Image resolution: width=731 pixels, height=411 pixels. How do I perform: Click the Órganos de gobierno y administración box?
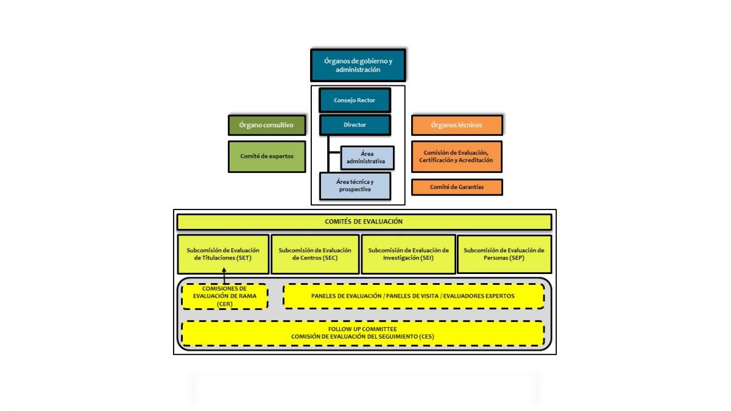tap(358, 66)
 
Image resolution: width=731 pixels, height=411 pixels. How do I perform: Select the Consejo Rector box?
tap(355, 100)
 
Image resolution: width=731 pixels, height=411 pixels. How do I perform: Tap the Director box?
tap(355, 125)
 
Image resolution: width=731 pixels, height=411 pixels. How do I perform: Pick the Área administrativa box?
tap(367, 158)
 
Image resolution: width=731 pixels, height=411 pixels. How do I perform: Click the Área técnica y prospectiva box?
tap(355, 186)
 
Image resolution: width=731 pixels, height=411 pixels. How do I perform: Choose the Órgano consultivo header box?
tap(266, 125)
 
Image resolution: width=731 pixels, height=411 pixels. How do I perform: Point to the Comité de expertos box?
tap(266, 156)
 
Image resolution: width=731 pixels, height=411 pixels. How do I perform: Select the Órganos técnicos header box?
tap(456, 125)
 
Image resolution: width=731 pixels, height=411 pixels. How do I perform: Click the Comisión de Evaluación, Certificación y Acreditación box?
tap(456, 156)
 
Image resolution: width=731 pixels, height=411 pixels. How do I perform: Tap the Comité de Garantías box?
tap(456, 187)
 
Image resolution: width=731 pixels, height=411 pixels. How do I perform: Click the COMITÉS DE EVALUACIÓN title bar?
tap(364, 222)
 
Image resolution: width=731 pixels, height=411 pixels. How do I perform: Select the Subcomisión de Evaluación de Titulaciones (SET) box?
tap(223, 254)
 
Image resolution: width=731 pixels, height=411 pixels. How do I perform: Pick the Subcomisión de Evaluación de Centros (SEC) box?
tap(314, 254)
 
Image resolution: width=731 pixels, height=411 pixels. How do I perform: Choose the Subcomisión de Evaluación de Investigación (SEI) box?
tap(408, 254)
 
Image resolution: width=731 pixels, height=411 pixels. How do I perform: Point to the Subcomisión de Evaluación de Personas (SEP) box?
tap(504, 254)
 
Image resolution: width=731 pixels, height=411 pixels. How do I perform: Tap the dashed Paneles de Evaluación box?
tap(413, 296)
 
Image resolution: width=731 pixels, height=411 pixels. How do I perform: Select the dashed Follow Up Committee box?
tap(362, 332)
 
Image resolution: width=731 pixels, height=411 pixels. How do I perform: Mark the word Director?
tap(355, 125)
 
